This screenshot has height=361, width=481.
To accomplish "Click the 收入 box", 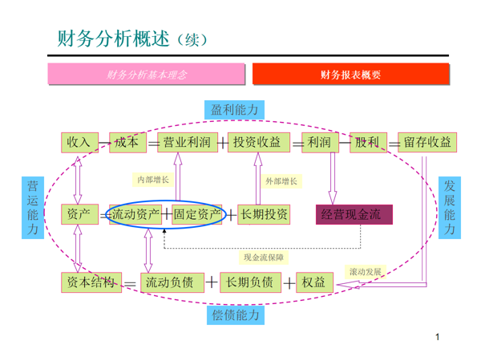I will (x=79, y=142).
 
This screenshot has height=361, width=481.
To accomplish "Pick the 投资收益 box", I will (x=257, y=142).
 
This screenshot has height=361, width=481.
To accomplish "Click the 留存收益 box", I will (x=427, y=142).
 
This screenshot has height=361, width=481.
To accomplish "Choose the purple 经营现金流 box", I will (x=356, y=214).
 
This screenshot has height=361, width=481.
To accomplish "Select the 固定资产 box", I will (x=196, y=214).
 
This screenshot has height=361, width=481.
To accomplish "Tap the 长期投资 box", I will (x=265, y=214).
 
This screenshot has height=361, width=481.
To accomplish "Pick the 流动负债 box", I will (x=168, y=282).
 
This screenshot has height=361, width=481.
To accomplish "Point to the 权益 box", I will (x=313, y=282).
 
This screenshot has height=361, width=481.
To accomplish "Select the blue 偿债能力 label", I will (x=236, y=315).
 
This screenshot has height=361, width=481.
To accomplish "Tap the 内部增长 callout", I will (x=153, y=180).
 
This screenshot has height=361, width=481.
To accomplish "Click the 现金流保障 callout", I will (x=264, y=258).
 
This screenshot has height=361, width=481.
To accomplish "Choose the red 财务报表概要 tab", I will (x=350, y=75).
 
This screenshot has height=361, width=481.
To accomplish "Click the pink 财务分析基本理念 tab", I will (x=148, y=75).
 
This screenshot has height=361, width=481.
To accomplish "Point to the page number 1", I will (x=439, y=338).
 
